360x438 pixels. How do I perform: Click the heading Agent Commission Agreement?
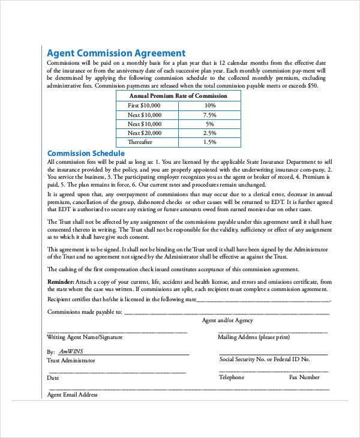116,53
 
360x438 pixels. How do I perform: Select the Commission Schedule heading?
86,154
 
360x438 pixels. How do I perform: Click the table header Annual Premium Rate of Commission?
178,95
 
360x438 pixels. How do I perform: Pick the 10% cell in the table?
209,105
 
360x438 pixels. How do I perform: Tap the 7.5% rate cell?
209,115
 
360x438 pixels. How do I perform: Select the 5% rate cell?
209,124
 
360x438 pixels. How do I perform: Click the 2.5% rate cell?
209,133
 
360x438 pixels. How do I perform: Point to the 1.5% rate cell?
209,142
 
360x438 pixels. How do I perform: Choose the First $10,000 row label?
145,105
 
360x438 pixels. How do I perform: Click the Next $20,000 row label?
145,133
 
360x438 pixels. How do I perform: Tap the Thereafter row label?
140,142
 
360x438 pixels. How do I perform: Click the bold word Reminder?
61,281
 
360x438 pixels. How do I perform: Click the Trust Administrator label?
71,361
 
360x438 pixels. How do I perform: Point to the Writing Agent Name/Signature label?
85,337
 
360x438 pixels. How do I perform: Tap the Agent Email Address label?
72,395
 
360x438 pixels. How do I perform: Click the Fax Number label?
304,377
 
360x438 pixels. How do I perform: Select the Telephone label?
231,377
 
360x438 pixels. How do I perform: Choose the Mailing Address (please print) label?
253,337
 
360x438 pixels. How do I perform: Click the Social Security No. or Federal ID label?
264,359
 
